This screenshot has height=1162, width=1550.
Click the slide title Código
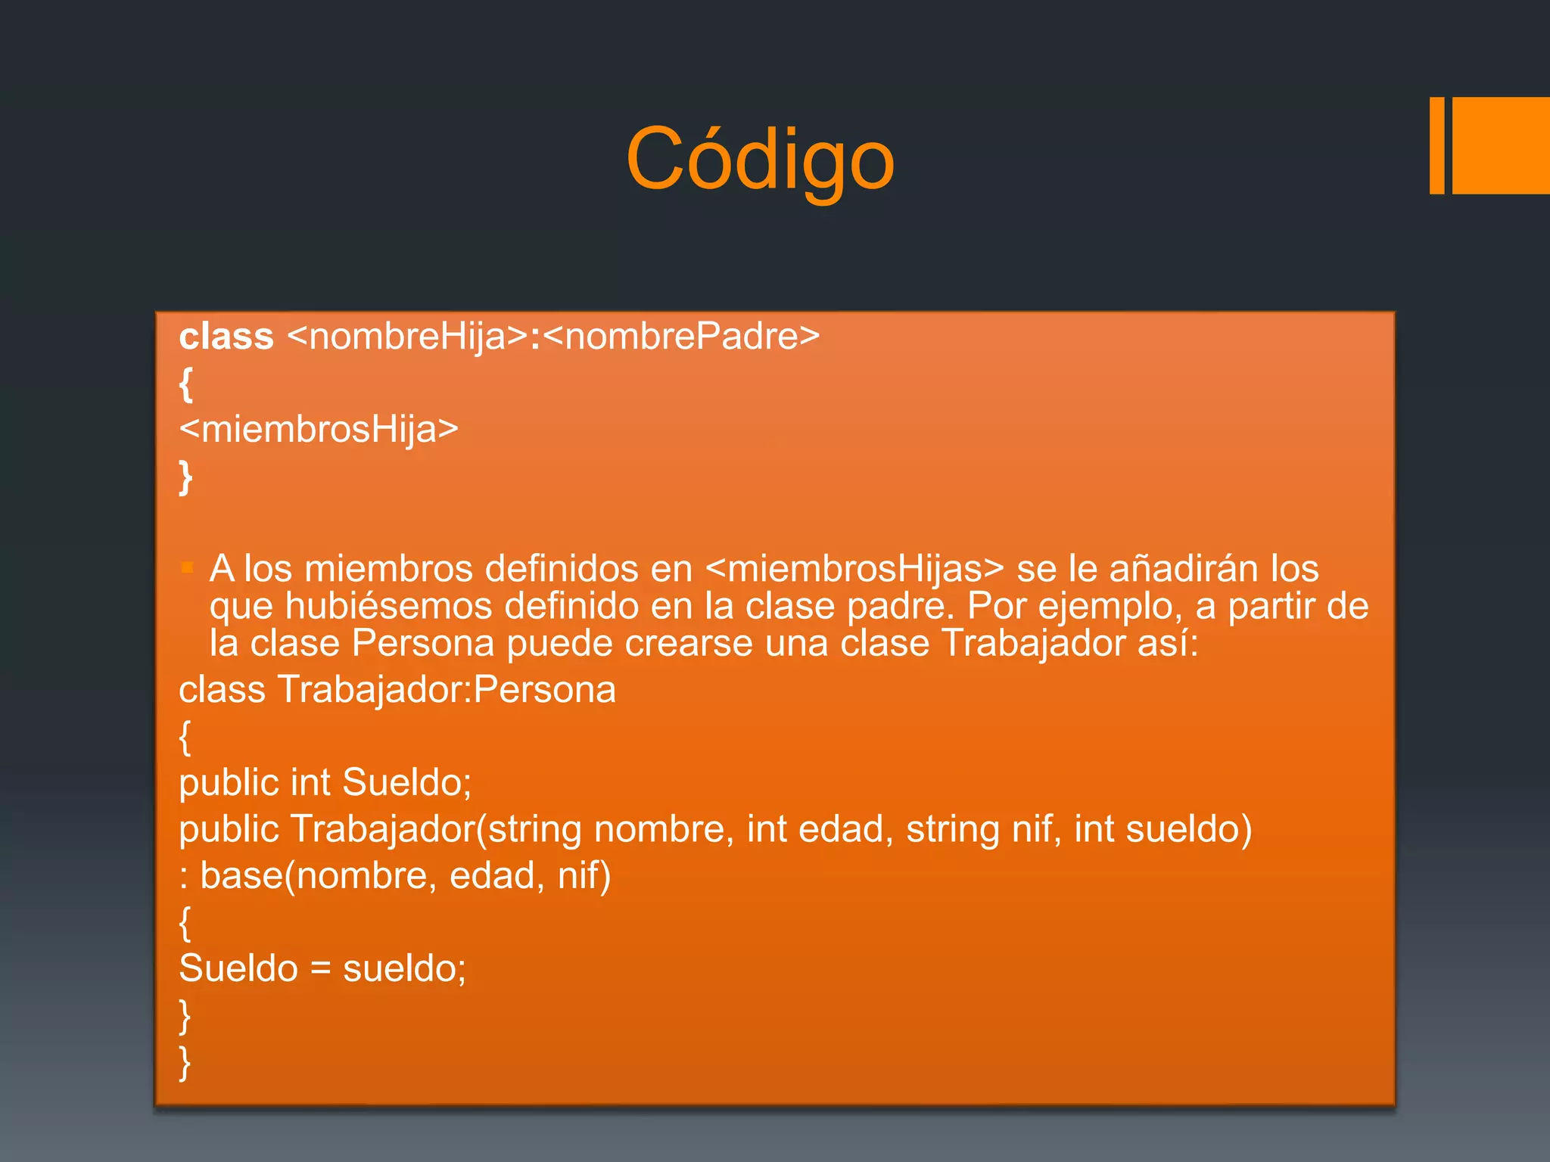[760, 159]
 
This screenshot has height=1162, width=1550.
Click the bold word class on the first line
[226, 337]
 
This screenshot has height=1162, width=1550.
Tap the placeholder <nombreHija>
[407, 337]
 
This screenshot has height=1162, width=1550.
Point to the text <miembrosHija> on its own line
[319, 429]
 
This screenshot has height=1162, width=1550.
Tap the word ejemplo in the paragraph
[1110, 606]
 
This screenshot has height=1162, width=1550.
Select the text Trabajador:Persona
[447, 690]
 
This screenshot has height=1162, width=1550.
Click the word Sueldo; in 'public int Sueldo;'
[406, 782]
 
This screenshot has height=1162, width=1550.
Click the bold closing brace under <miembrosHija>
[185, 477]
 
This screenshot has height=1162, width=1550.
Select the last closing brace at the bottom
[185, 1063]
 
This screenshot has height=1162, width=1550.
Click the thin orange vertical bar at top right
[1436, 145]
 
